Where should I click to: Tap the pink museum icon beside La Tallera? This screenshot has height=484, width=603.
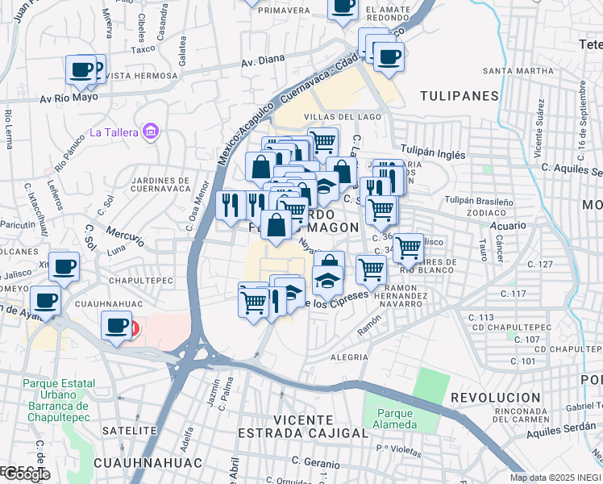[148, 131]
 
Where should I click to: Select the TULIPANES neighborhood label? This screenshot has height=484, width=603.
[460, 96]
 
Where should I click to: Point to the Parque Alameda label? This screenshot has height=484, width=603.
[396, 419]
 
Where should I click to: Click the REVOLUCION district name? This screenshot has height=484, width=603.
[495, 398]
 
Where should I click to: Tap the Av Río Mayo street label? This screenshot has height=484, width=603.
[68, 100]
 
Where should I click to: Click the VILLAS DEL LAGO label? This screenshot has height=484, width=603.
[331, 118]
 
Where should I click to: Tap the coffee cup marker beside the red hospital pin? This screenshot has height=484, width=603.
[117, 326]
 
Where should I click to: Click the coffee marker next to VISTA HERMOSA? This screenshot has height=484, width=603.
[81, 70]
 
